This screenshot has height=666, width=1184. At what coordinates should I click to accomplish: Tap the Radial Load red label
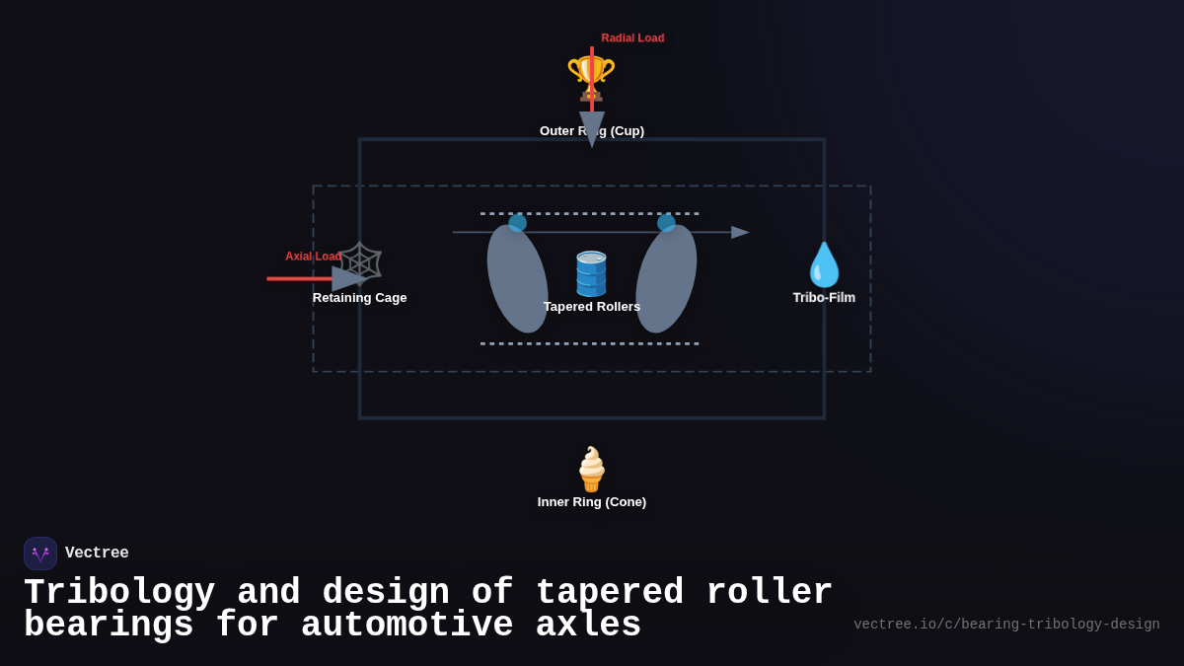(632, 38)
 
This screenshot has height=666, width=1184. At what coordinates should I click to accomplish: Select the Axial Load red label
(313, 257)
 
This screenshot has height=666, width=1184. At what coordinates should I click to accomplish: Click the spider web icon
(360, 263)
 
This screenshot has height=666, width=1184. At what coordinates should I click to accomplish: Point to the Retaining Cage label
(359, 298)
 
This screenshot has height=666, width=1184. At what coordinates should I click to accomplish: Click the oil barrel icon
(591, 273)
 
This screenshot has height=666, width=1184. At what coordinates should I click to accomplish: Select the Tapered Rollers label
(591, 307)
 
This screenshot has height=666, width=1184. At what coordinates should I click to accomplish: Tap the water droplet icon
(824, 264)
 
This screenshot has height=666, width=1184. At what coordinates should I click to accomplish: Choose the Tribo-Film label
(824, 298)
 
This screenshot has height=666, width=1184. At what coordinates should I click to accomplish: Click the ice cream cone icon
(591, 469)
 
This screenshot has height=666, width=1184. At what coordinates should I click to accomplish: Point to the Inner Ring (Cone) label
(591, 502)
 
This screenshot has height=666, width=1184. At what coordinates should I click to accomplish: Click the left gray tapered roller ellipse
(517, 279)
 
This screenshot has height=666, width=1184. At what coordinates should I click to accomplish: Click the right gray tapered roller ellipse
(666, 279)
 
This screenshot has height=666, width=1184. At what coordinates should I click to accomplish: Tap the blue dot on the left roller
(517, 223)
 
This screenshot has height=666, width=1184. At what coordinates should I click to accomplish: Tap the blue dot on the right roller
(666, 223)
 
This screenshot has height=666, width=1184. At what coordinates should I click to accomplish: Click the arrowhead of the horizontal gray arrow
(740, 233)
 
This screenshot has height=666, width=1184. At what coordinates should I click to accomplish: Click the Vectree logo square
(40, 554)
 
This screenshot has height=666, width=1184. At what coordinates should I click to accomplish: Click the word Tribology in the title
(119, 593)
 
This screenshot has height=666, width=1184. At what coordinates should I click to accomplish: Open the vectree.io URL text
(1006, 625)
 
